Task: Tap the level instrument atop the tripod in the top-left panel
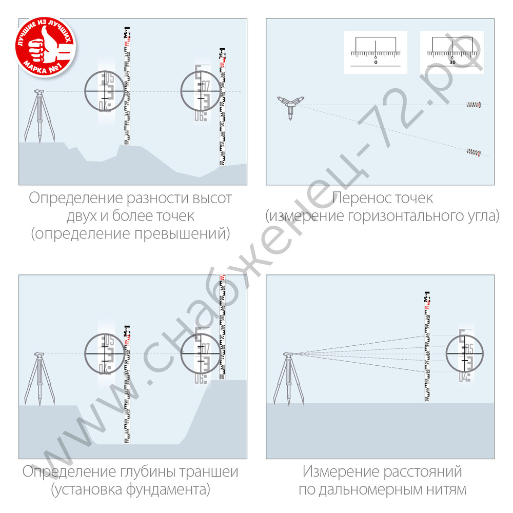(40, 92)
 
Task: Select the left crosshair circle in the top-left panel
(105, 91)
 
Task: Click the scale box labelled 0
(375, 52)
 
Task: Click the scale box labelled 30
(451, 52)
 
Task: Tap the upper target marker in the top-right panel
(473, 105)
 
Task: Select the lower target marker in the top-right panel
(473, 152)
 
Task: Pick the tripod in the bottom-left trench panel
(40, 380)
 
